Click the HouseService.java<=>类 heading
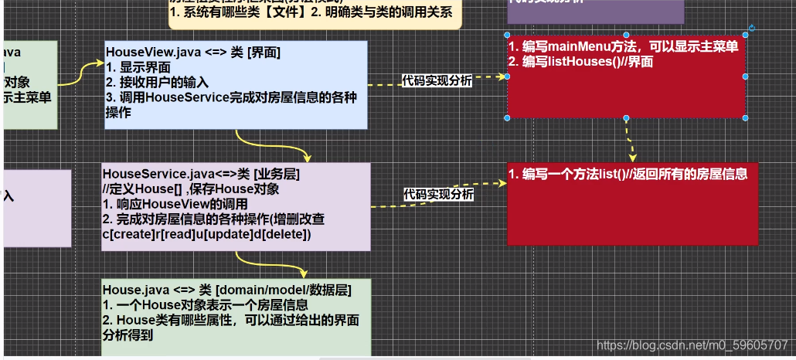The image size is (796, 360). (x=201, y=175)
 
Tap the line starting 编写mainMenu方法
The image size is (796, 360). (x=623, y=47)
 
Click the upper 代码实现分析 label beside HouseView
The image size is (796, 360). (x=437, y=81)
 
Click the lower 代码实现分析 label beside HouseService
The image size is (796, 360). (x=438, y=194)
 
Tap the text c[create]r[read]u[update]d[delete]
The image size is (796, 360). (x=206, y=234)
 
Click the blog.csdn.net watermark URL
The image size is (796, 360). (x=692, y=345)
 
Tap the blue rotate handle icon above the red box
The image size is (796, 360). (x=751, y=29)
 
